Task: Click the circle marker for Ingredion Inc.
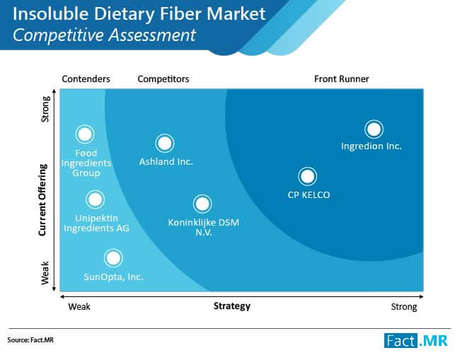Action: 374,129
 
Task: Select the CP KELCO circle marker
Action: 307,177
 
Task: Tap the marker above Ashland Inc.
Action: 165,144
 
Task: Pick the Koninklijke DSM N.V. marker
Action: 202,204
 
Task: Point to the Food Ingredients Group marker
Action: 85,134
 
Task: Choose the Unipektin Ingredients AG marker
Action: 95,199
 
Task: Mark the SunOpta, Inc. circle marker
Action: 113,258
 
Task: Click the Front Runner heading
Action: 342,79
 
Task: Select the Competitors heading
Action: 163,79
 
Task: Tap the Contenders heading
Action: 86,79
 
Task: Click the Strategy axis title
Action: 232,306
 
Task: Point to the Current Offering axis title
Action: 43,200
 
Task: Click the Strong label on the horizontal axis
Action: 404,307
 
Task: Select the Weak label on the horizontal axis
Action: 79,307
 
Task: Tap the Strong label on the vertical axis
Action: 45,109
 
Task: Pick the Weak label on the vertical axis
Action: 45,273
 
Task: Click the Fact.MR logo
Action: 416,341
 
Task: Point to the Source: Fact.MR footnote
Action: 30,340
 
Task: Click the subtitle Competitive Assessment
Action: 104,35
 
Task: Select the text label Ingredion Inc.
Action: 371,146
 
